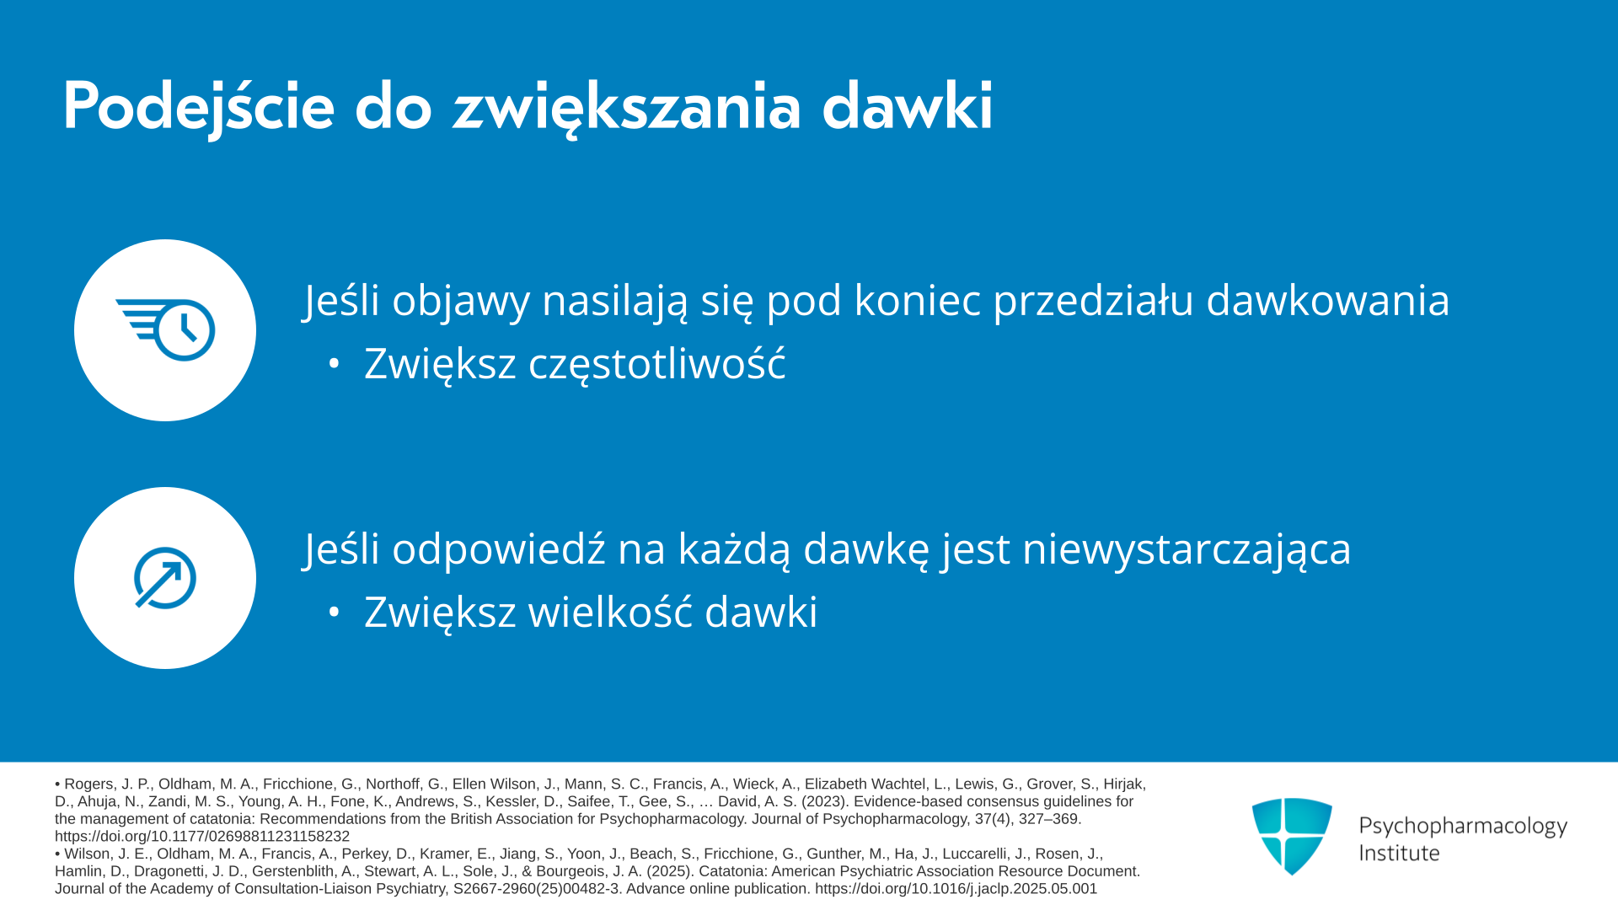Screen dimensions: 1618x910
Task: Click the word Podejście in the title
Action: coord(199,108)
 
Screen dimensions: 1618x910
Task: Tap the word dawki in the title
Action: coord(908,106)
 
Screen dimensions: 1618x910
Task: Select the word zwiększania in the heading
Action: coord(626,108)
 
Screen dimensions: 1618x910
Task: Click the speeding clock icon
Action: coord(165,329)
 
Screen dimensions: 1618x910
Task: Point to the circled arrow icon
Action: coord(165,578)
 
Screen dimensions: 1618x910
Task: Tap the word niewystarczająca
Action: coord(1187,549)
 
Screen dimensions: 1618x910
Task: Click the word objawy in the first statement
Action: coord(460,302)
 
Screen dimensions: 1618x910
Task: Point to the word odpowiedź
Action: coord(499,549)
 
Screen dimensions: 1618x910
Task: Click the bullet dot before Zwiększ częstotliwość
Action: coord(335,364)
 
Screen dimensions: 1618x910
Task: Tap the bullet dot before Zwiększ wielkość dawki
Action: coord(335,613)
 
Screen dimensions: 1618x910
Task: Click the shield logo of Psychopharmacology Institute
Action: coord(1292,836)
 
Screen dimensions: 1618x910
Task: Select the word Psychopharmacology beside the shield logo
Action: coord(1463,827)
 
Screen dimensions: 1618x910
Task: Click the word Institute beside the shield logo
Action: coord(1399,854)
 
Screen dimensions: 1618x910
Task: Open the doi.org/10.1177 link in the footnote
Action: coord(202,837)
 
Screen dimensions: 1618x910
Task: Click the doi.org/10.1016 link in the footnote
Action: coord(956,889)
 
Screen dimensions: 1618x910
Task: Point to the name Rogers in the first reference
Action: coord(88,784)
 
